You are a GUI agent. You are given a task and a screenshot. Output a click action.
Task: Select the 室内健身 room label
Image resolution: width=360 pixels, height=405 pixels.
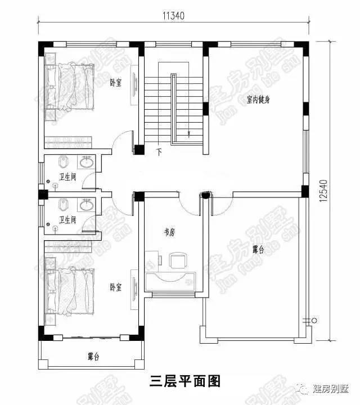click(x=259, y=100)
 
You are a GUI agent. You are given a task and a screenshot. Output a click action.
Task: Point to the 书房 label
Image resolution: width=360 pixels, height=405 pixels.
click(x=169, y=231)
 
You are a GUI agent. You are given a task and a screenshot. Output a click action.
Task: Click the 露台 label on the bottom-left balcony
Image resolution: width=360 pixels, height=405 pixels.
click(x=93, y=356)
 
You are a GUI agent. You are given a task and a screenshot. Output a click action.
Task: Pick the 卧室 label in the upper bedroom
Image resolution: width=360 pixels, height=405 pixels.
click(x=116, y=83)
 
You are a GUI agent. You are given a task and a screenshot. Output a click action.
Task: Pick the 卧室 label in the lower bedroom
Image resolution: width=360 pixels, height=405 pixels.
click(x=116, y=287)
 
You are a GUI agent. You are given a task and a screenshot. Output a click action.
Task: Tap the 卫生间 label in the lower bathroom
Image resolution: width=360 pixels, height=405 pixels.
click(x=68, y=220)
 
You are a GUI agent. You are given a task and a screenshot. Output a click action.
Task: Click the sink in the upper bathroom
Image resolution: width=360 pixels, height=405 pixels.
click(x=86, y=164)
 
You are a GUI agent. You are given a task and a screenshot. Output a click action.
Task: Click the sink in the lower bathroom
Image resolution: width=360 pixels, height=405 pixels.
click(x=86, y=205)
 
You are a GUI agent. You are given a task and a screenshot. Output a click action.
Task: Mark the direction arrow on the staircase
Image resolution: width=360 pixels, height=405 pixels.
click(x=190, y=133)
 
